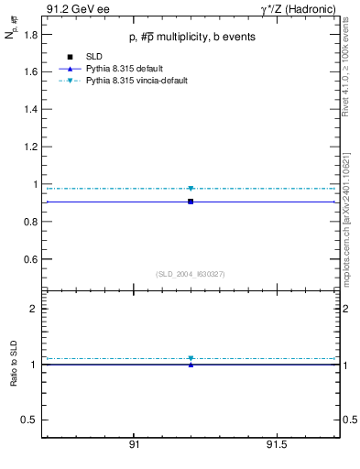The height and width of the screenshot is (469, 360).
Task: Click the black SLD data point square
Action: tap(191, 202)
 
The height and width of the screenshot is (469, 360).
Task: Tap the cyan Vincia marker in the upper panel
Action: tap(191, 189)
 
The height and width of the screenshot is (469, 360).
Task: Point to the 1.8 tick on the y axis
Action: tap(31, 34)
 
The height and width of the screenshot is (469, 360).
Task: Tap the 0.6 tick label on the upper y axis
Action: tap(31, 259)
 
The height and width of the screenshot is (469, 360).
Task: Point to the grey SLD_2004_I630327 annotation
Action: tap(191, 274)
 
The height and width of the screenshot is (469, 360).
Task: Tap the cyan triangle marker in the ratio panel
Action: tap(191, 358)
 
